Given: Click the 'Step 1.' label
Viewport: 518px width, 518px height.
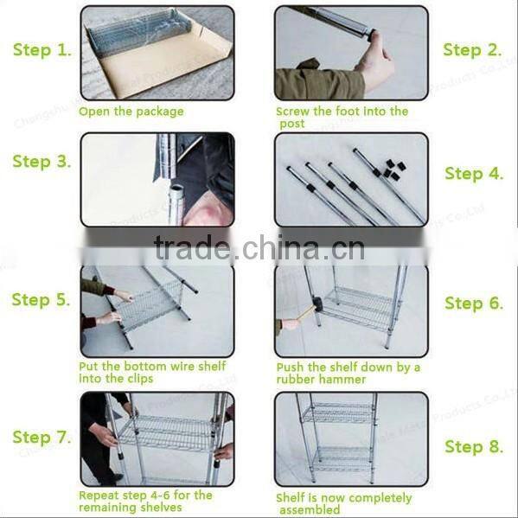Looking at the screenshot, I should [42, 50].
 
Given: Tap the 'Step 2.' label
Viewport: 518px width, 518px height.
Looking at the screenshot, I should [472, 50].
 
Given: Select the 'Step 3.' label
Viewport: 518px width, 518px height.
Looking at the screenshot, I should [42, 162].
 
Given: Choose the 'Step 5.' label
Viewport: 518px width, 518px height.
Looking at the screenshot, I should [42, 300].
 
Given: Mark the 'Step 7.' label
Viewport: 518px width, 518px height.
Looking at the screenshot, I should [42, 438].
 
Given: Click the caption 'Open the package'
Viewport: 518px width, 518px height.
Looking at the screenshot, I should [131, 112].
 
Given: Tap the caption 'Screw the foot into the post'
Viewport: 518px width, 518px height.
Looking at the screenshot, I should [342, 117].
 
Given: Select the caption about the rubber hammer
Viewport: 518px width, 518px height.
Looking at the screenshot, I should [349, 373].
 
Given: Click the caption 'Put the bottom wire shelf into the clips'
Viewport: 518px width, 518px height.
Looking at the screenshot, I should [152, 372].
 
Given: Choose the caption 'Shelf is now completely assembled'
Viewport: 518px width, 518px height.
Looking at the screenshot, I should [343, 503].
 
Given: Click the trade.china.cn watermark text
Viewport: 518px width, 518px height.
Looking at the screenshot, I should [259, 249].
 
